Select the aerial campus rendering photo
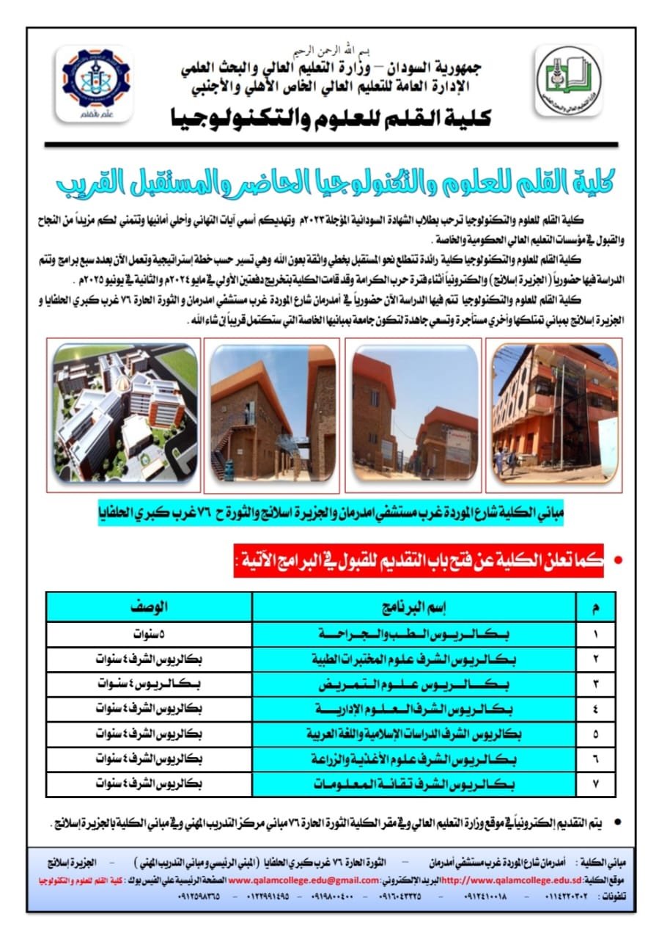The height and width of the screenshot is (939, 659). pyautogui.click(x=125, y=413)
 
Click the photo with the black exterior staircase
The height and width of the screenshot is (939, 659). pyautogui.click(x=555, y=413)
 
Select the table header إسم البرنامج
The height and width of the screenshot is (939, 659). pyautogui.click(x=416, y=607)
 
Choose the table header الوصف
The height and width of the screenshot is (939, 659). pyautogui.click(x=150, y=607)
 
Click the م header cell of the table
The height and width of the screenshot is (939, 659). pyautogui.click(x=594, y=607)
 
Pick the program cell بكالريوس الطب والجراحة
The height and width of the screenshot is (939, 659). pyautogui.click(x=416, y=633)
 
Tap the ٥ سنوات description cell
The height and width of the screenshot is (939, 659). pyautogui.click(x=150, y=633)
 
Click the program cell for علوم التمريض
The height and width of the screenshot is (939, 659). pyautogui.click(x=416, y=684)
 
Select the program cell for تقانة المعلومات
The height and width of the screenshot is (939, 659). pyautogui.click(x=416, y=783)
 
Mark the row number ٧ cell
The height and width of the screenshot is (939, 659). pyautogui.click(x=594, y=783)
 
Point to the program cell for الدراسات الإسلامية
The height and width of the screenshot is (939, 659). pyautogui.click(x=416, y=734)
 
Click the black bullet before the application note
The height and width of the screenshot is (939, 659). pyautogui.click(x=617, y=825)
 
